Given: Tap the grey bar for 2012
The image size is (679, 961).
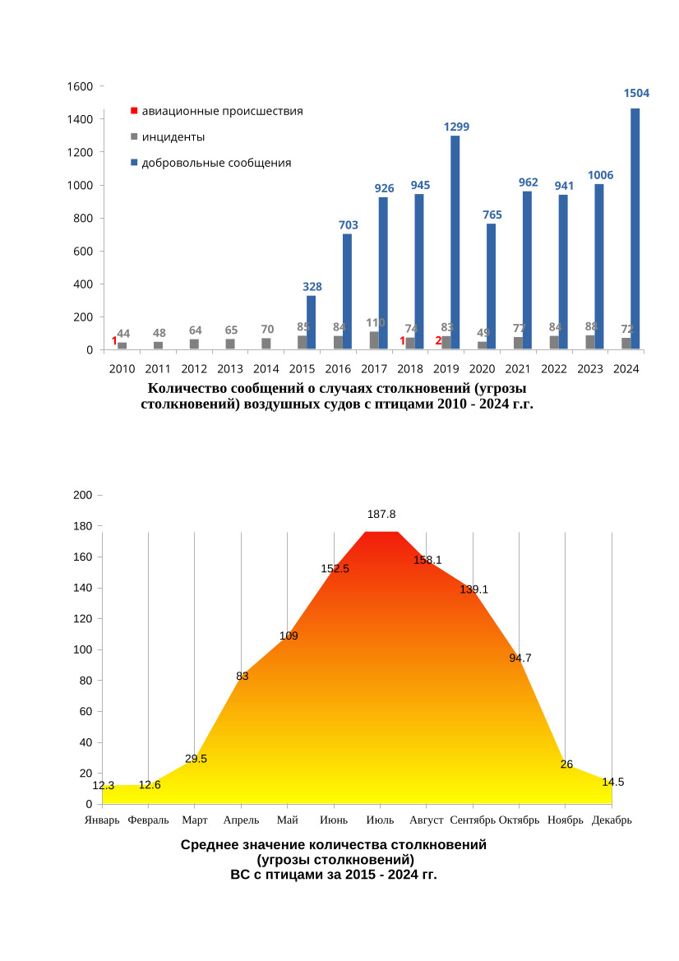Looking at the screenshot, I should pyautogui.click(x=194, y=344).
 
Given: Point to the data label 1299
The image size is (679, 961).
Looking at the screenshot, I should pyautogui.click(x=456, y=127).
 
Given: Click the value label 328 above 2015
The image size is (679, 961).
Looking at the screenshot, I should pyautogui.click(x=312, y=287).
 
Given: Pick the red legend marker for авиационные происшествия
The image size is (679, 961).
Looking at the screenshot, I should pyautogui.click(x=135, y=110).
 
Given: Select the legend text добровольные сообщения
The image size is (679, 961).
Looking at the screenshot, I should pyautogui.click(x=216, y=163).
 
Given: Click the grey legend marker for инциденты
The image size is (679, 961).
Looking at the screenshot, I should pyautogui.click(x=135, y=136).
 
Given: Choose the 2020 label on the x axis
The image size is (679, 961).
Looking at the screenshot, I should pyautogui.click(x=483, y=369).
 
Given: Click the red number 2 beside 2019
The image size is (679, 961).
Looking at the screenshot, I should pyautogui.click(x=438, y=341).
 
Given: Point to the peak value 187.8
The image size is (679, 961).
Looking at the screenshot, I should pyautogui.click(x=381, y=514).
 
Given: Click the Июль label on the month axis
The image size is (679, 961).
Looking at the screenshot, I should pyautogui.click(x=380, y=820).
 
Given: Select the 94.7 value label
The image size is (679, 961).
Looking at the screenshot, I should pyautogui.click(x=520, y=658).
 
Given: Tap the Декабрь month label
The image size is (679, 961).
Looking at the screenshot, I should pyautogui.click(x=612, y=820).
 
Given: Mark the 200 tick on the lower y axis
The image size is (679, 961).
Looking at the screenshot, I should pyautogui.click(x=82, y=495).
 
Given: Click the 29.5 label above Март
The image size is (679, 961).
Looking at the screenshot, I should pyautogui.click(x=196, y=759).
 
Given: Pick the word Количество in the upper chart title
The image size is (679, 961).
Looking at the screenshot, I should pyautogui.click(x=189, y=388).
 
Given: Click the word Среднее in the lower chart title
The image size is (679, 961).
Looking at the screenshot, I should pyautogui.click(x=210, y=844).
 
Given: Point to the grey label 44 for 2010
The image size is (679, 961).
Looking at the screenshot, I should pyautogui.click(x=123, y=334).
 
